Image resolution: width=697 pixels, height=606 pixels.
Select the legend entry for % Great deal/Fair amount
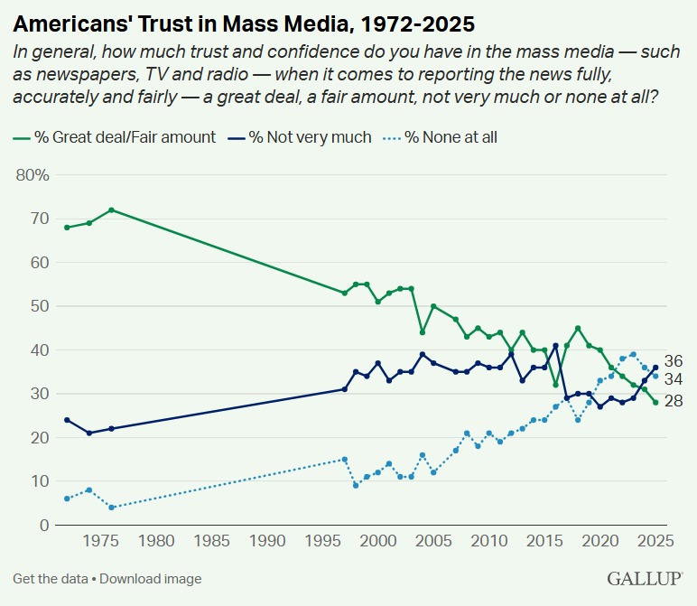[x=115, y=137]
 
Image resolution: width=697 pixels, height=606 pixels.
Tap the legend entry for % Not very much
[x=301, y=137]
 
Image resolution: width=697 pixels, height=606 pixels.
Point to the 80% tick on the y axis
[x=33, y=175]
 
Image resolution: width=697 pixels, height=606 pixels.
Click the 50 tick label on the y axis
[x=39, y=306]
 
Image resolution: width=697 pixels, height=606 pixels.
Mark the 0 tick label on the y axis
[x=43, y=526]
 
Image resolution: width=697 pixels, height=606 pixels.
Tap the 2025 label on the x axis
[x=655, y=542]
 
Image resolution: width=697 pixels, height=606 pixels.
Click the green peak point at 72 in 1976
[x=111, y=210]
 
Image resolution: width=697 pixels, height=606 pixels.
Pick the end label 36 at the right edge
[x=673, y=359]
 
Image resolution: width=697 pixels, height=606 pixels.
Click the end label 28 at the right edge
[x=673, y=401]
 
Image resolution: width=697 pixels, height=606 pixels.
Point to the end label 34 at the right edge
[x=673, y=378]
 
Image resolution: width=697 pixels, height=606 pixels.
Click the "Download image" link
[x=153, y=579]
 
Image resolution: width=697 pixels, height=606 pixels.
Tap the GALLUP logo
[x=645, y=578]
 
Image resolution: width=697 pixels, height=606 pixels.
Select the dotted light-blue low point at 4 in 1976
[x=111, y=508]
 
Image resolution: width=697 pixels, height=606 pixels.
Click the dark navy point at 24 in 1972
[x=67, y=420]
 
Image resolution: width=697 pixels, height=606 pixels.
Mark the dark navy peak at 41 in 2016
[x=555, y=346]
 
